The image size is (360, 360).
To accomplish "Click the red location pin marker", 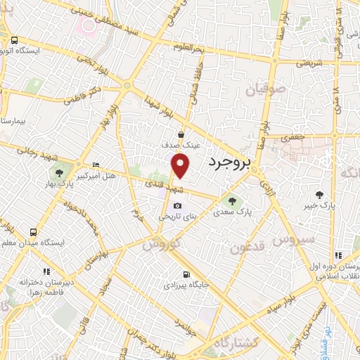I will (x=181, y=165).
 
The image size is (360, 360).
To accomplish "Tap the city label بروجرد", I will (x=230, y=163).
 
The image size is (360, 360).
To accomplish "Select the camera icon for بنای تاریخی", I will (x=177, y=205).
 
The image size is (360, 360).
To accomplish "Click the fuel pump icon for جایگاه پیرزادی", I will (x=186, y=274).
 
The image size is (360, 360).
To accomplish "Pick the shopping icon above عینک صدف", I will (x=181, y=134).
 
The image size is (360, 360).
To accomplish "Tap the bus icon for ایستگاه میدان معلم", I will (x=33, y=232).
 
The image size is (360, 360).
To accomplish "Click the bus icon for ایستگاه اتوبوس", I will (x=15, y=40).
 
